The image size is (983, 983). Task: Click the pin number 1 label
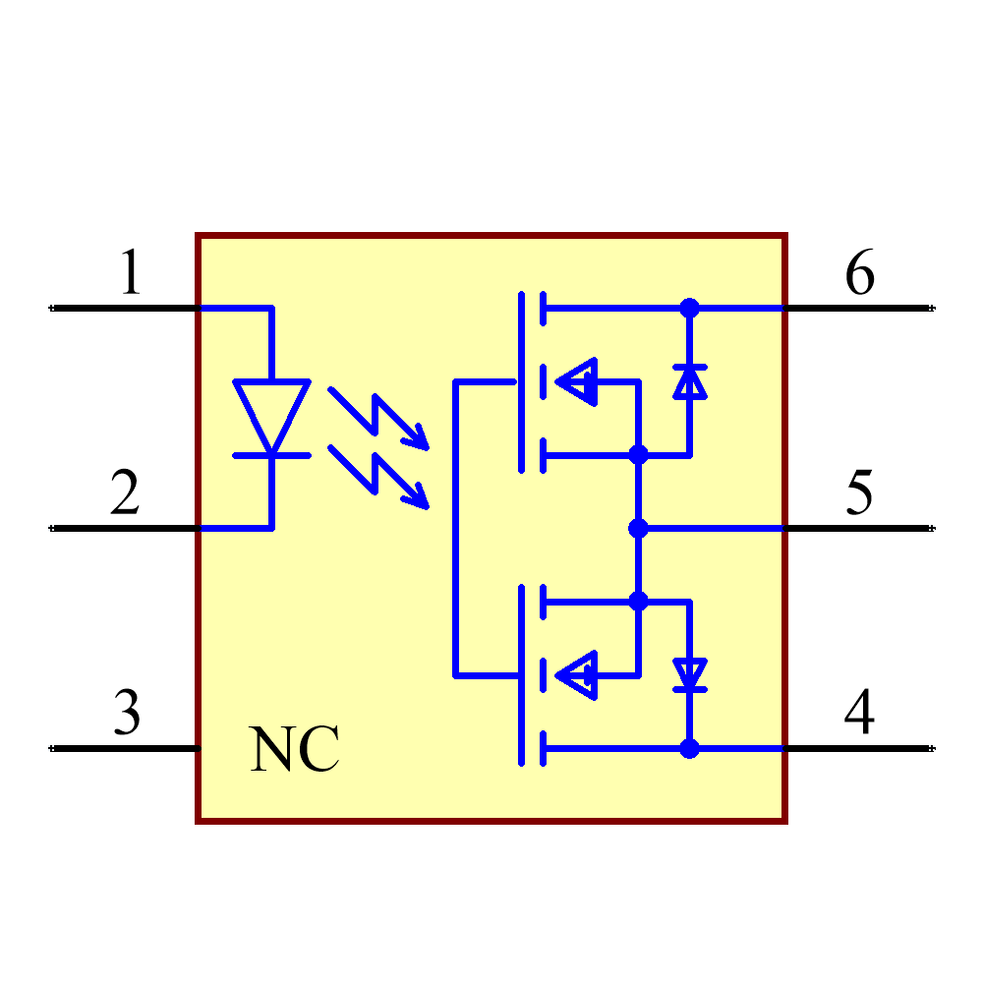pos(130,272)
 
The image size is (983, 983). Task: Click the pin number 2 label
pos(125,492)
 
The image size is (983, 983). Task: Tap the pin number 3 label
pos(127,713)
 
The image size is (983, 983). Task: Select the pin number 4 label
pos(859,713)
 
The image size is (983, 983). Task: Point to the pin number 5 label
pos(859,492)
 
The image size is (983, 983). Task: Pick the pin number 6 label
pos(859,272)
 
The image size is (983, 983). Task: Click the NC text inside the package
pos(294,750)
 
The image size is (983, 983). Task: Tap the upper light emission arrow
pos(378,418)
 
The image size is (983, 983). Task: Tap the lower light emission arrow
pos(378,477)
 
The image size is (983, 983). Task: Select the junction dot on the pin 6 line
pos(689,308)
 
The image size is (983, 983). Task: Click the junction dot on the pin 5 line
pos(638,528)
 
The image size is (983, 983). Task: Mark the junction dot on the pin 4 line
pos(689,748)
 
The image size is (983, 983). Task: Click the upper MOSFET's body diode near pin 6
pos(689,381)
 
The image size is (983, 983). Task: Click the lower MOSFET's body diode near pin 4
pos(689,674)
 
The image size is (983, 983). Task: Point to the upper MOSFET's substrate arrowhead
pos(577,381)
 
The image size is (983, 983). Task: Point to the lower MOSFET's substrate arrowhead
pos(577,674)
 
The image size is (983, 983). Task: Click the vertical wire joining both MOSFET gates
pos(455,528)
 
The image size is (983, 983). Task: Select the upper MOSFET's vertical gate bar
pos(520,381)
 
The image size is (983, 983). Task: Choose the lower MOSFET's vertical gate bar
pos(520,674)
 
